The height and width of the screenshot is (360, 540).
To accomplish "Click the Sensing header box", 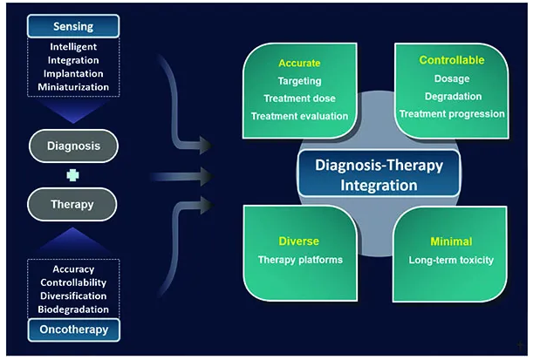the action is coord(73,26).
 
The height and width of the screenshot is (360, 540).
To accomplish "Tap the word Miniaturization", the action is coord(73,87).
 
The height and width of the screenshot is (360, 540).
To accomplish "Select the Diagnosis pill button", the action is coord(73,146).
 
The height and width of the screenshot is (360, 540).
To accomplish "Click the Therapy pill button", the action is coord(72,205).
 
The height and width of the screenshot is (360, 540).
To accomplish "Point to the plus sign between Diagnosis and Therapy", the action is coord(72,175).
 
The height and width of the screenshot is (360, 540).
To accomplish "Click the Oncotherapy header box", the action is coord(74,329).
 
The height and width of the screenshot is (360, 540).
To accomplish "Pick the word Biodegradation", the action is coord(73,309).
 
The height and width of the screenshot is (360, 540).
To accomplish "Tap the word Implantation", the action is coord(73,73).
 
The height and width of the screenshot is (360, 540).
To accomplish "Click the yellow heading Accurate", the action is coord(299,63).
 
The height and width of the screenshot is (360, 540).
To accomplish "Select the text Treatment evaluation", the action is coord(299,116).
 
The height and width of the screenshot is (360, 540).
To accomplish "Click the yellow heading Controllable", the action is coord(452,60).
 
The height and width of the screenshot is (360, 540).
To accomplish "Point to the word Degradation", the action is coord(454,97).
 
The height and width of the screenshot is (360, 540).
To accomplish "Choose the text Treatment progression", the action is coord(452,114).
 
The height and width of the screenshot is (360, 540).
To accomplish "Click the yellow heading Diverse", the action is coord(299,241).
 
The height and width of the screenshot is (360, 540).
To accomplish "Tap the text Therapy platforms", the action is coord(300,260).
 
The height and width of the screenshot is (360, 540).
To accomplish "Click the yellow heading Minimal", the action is coord(451,241).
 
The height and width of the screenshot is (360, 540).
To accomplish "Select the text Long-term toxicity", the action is coord(451,260).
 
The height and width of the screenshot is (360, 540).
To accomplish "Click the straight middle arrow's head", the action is coord(206,176).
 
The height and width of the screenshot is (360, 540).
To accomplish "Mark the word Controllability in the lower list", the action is coord(73,282).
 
